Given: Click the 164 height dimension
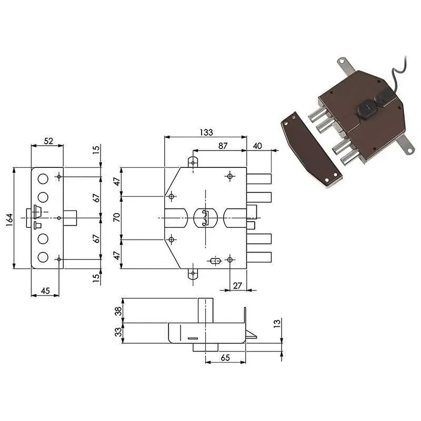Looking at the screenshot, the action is (x=9, y=219).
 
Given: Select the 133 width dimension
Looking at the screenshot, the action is (x=206, y=132).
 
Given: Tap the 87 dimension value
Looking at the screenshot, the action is (x=223, y=146).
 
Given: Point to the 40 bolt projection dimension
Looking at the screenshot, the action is (x=257, y=146).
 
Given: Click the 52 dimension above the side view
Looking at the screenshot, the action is (x=48, y=141).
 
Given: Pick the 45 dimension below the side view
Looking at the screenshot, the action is (x=45, y=290).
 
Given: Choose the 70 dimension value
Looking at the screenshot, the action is (x=117, y=217).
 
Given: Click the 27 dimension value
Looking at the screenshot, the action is (x=238, y=285).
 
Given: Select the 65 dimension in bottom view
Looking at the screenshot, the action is (x=225, y=358).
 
